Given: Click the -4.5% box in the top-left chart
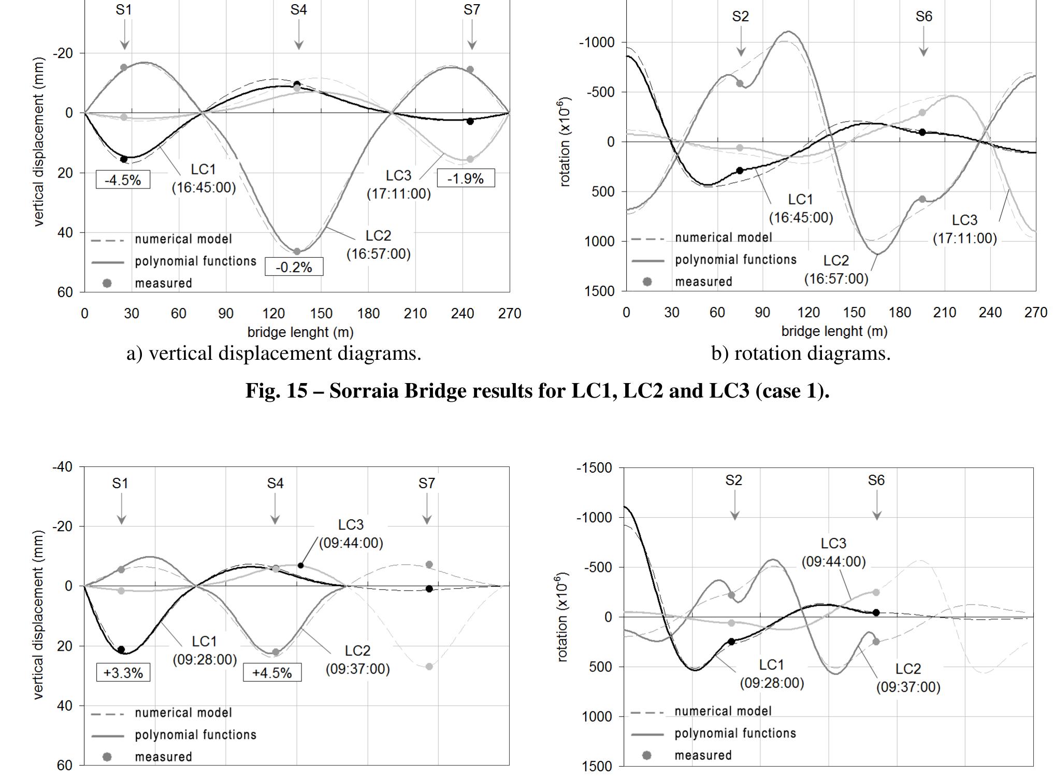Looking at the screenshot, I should coord(123,180).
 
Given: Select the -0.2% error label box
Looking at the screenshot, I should coord(294,267).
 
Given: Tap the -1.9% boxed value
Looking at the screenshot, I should coord(466,179).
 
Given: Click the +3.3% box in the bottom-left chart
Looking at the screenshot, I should coord(123,673).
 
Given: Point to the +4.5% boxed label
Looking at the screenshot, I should coord(272,673).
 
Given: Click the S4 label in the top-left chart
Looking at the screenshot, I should coord(298,10).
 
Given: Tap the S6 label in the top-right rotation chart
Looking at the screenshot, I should coord(924,17).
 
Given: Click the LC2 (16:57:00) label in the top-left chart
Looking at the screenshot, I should coord(378,245).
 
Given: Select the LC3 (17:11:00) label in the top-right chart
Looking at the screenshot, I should coord(964,229).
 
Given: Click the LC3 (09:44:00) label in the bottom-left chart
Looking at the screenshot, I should coord(351,534).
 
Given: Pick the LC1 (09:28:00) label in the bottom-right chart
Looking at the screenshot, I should coord(772,673).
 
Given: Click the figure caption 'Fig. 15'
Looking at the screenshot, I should coord(537,390).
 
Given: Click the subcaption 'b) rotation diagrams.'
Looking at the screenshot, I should coord(801,354).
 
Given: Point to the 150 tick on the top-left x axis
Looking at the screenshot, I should coord(321,314).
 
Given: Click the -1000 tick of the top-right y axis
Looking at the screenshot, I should coord(596,42).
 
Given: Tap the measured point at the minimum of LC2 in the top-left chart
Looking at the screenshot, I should coord(297,252).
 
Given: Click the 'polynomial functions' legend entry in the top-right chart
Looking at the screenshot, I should coord(735,260).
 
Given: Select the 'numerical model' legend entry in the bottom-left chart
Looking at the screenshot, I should coord(183,713).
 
